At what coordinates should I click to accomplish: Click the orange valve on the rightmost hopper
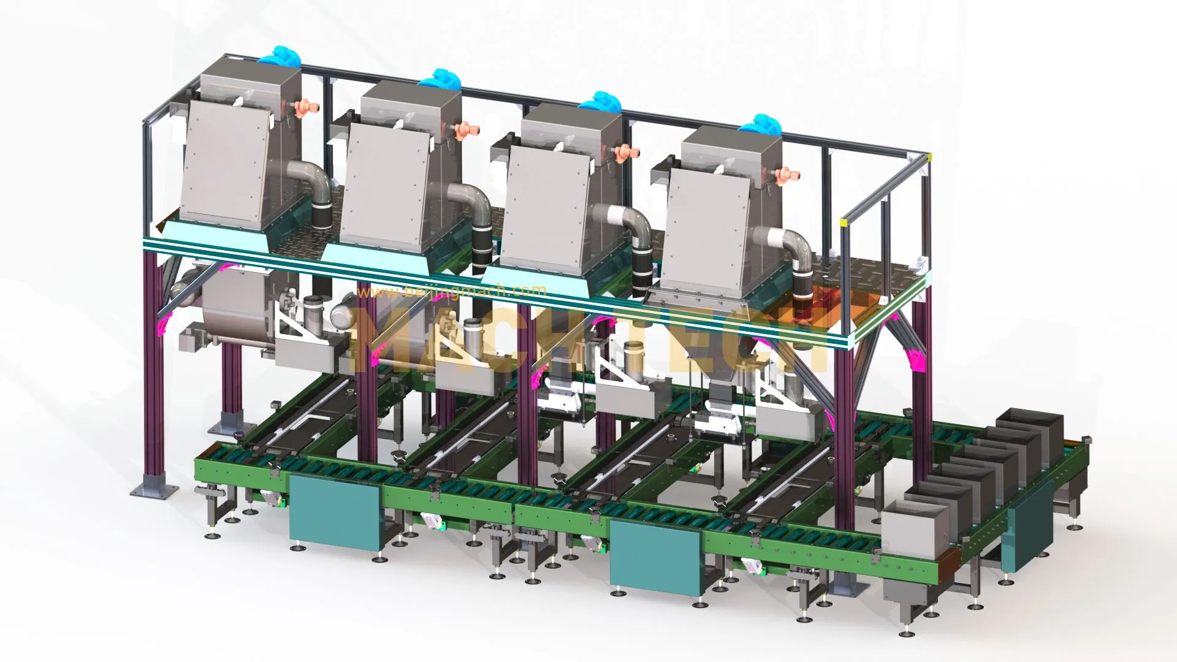[x=783, y=175]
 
